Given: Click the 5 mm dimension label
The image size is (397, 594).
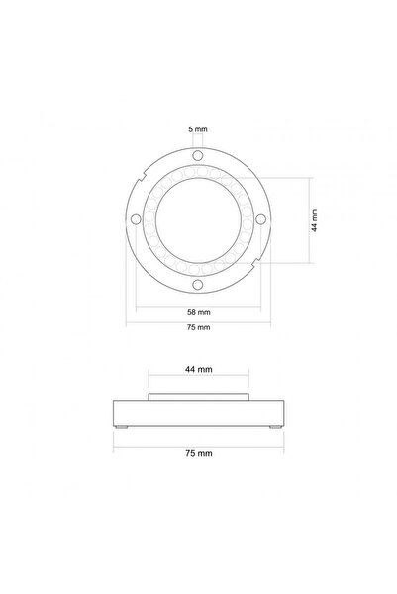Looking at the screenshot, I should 197,129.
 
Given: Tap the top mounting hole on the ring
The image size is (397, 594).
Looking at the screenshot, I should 197,155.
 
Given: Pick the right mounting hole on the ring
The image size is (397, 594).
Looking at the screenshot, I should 261,219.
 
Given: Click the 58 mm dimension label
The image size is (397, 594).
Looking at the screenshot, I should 197,311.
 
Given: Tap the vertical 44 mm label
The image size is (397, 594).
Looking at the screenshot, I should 314,219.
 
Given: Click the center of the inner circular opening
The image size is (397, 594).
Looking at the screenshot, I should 197,219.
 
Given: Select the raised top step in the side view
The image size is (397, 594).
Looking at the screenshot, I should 198,398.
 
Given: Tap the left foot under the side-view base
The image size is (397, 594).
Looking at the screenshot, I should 125,426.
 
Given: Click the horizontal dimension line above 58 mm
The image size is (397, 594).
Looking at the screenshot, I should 197,303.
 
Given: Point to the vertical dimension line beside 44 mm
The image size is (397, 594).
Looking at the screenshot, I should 303,219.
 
